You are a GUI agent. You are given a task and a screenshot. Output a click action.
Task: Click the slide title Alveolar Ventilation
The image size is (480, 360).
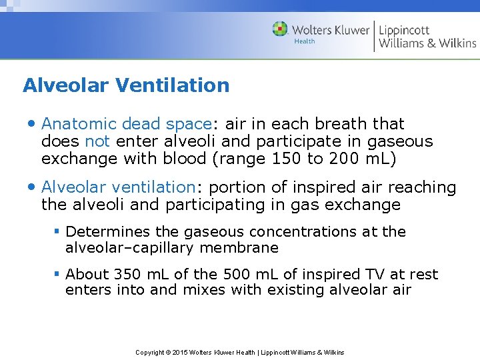pyautogui.click(x=126, y=85)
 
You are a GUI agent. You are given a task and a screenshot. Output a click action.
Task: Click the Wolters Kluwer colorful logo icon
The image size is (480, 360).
pyautogui.click(x=280, y=29)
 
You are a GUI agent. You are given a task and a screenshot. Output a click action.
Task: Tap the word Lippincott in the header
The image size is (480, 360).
pyautogui.click(x=404, y=30)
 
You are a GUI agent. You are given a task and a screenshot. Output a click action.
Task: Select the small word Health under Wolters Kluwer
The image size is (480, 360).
pyautogui.click(x=305, y=41)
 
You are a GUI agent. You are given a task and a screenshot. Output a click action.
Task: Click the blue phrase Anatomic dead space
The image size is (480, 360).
pyautogui.click(x=127, y=124)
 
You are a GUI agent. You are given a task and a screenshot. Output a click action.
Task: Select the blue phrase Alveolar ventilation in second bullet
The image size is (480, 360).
pyautogui.click(x=117, y=188)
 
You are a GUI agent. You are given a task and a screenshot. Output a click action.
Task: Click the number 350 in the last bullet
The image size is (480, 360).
pyautogui.click(x=127, y=275)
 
